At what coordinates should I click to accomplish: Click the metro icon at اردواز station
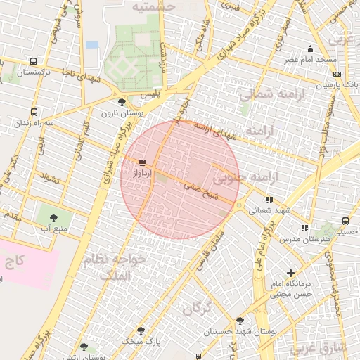point(143,162)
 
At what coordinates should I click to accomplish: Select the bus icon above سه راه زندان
point(34,112)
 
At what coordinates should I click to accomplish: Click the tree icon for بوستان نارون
point(122,103)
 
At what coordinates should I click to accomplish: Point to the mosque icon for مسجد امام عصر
point(310,49)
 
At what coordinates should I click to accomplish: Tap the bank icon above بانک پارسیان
point(337,74)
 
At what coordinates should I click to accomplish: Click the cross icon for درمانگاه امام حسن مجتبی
point(291,273)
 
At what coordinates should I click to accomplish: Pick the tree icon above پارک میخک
point(141,330)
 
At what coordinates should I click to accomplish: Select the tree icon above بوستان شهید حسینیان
point(240,321)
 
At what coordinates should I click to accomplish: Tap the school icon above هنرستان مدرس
point(304,228)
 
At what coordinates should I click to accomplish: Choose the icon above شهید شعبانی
point(269,200)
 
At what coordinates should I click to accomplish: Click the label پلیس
point(150,93)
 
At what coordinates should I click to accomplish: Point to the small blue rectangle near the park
point(92,45)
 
